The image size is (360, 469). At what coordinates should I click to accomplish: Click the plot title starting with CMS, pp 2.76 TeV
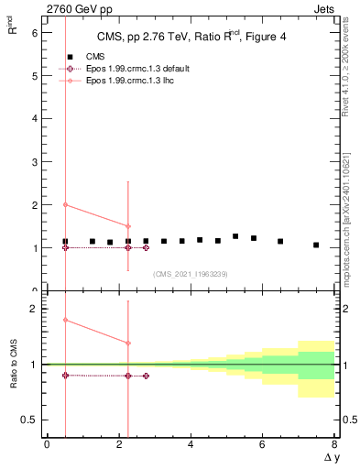point(191,37)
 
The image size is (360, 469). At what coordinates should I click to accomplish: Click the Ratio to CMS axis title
point(14,364)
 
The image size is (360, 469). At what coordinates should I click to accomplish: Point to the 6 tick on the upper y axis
point(34,32)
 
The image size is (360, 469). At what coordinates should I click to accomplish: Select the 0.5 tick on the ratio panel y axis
point(29,420)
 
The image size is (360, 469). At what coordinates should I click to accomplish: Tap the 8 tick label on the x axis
point(334,444)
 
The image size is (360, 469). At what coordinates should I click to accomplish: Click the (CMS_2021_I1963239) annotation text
point(191,274)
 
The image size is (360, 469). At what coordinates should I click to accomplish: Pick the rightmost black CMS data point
point(316,245)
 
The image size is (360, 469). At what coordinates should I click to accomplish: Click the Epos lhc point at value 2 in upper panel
point(65,204)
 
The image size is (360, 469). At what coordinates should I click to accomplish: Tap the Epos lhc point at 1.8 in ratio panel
point(65,320)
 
